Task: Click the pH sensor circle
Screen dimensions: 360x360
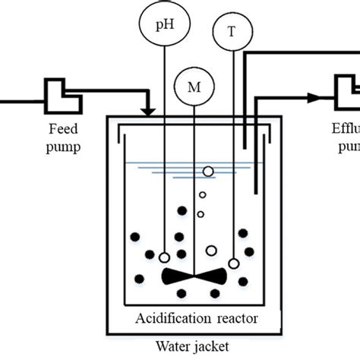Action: [165, 25]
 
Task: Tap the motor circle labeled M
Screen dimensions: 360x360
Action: [194, 87]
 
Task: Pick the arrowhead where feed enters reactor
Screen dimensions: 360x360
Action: [150, 112]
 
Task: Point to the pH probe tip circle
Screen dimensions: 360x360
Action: [164, 257]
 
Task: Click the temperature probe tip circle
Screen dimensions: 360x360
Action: [234, 264]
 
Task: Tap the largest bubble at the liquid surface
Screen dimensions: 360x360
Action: [208, 172]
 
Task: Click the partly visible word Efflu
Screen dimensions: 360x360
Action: [347, 127]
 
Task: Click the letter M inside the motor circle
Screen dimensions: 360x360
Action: [194, 87]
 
